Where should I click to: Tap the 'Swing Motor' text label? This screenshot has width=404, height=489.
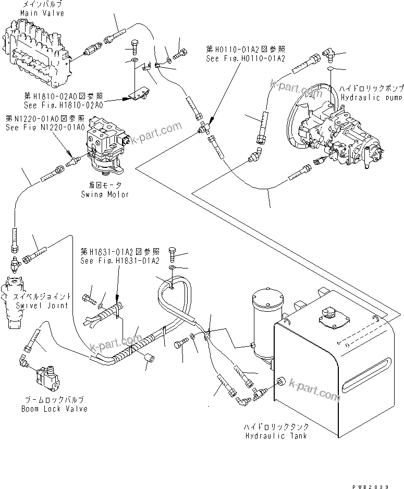(x=104, y=194)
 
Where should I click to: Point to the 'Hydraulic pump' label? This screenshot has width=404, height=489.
(x=365, y=97)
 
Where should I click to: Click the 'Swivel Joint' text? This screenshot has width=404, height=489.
(x=41, y=305)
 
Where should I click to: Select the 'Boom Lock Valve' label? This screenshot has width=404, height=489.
(x=54, y=409)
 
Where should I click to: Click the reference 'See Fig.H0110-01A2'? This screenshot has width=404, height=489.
(x=246, y=58)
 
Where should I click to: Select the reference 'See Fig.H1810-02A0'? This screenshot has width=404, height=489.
(x=63, y=105)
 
